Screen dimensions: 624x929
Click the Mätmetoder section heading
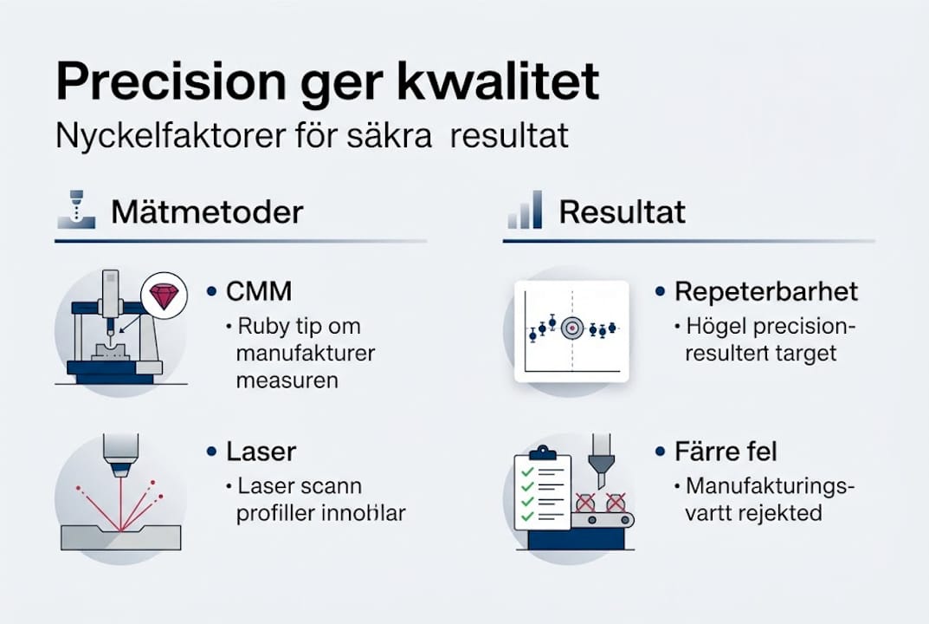[207, 211]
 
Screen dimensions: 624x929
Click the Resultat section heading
[622, 211]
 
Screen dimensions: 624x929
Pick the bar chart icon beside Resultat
[526, 211]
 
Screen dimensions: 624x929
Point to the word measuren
[287, 380]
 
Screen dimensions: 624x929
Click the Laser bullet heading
[261, 452]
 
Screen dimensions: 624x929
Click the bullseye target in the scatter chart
[571, 328]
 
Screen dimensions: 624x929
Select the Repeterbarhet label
[765, 291]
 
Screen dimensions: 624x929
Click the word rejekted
[779, 512]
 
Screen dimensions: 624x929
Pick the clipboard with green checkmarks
[542, 490]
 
